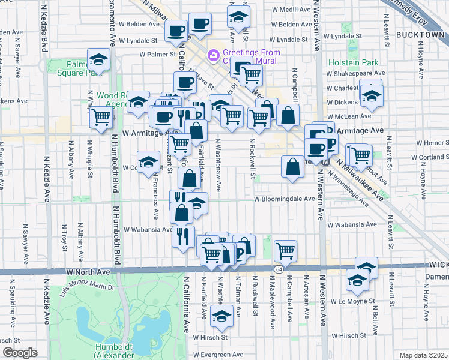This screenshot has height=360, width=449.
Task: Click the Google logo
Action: pyautogui.click(x=20, y=353)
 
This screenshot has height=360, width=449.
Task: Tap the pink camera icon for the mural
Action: pyautogui.click(x=212, y=55)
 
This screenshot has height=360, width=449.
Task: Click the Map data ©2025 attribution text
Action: pyautogui.click(x=424, y=355)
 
